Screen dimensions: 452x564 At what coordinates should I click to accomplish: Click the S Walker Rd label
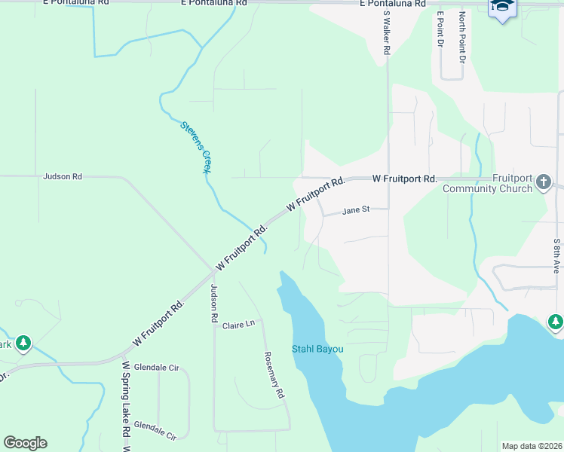click(386, 32)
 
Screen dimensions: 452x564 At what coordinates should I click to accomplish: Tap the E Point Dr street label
click(440, 28)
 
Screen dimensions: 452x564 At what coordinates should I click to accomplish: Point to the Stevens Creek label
click(195, 148)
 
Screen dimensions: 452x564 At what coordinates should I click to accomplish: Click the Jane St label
click(356, 211)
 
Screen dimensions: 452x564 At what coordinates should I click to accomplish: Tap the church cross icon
click(543, 182)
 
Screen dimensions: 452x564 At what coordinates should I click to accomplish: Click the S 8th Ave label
click(556, 255)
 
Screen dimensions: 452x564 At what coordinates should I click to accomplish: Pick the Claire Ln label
click(239, 325)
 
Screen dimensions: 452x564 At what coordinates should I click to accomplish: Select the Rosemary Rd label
click(274, 375)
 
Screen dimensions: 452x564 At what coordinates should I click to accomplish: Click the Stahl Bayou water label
click(317, 350)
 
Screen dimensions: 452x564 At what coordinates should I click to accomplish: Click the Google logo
click(25, 443)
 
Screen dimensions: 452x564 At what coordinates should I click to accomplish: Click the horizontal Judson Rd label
click(63, 176)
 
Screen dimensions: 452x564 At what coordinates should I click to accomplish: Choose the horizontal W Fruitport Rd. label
click(405, 179)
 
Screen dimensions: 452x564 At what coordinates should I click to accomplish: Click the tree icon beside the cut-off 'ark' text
click(23, 344)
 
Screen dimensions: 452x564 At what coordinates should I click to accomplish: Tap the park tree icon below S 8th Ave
click(556, 322)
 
